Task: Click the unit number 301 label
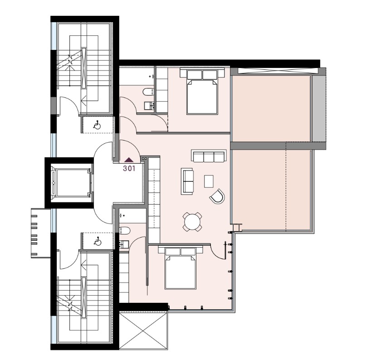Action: (129, 168)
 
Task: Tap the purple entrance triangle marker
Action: (129, 160)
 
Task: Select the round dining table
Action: (192, 222)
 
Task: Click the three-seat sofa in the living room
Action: (209, 156)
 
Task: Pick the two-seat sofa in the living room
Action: (187, 181)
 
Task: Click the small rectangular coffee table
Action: (209, 181)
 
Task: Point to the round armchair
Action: (217, 196)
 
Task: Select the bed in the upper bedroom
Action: (202, 92)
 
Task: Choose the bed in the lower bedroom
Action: (181, 268)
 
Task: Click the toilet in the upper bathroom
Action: (149, 92)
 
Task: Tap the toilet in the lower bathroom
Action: (125, 230)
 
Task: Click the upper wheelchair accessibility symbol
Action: (97, 125)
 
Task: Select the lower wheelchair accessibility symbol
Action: (98, 241)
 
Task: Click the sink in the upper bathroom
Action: (149, 106)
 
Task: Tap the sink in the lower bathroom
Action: (124, 244)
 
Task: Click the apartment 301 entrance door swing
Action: (129, 151)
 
